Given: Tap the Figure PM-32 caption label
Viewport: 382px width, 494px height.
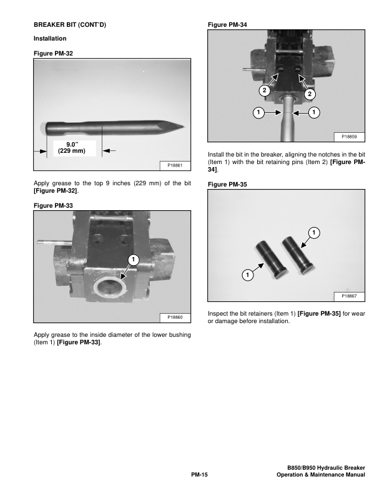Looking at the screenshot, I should [x=53, y=54].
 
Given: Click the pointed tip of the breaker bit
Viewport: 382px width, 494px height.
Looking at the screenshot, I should [x=182, y=126].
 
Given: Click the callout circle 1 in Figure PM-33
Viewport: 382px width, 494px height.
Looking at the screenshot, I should [x=132, y=259].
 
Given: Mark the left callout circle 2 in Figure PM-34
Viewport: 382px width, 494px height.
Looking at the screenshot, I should [x=264, y=90].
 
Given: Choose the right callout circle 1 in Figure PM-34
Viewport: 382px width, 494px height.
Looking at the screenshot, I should [x=314, y=112].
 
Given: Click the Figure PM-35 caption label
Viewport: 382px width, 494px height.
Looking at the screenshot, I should [x=227, y=185].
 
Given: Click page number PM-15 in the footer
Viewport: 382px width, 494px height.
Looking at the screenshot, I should [x=199, y=475].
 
